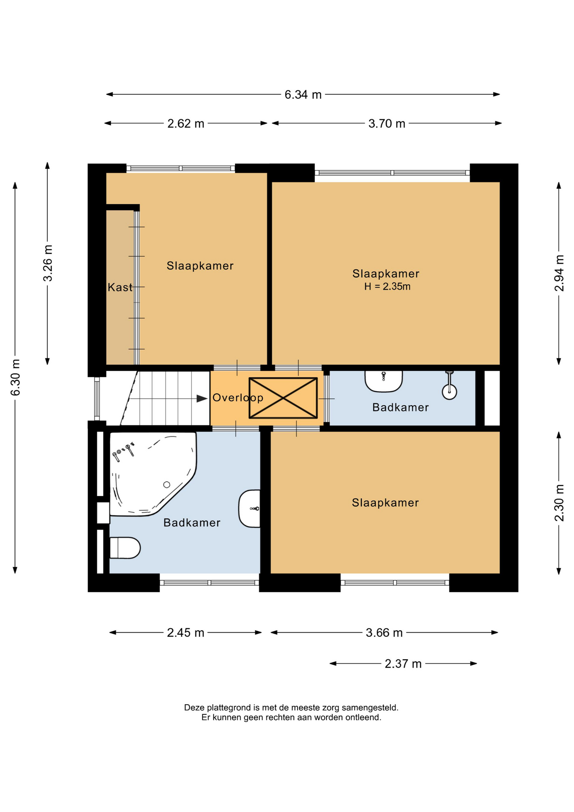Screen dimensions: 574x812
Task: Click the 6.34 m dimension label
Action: pyautogui.click(x=303, y=94)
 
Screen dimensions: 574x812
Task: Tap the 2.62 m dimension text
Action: pyautogui.click(x=186, y=123)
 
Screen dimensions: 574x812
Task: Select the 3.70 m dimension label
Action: pyautogui.click(x=387, y=123)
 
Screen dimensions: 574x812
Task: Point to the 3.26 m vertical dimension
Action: pyautogui.click(x=48, y=263)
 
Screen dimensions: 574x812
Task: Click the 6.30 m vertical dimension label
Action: pyautogui.click(x=15, y=378)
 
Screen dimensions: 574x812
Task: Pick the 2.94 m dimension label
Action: pyautogui.click(x=559, y=273)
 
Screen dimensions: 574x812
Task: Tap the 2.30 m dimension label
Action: pyautogui.click(x=559, y=503)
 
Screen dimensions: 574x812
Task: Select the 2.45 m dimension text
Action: pyautogui.click(x=186, y=633)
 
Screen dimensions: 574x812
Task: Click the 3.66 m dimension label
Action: pyautogui.click(x=384, y=633)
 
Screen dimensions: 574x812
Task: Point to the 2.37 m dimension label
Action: pyautogui.click(x=403, y=664)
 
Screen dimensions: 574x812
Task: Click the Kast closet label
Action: pyautogui.click(x=120, y=288)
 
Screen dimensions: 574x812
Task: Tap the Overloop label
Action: pyautogui.click(x=238, y=398)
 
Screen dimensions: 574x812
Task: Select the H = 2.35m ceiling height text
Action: pyautogui.click(x=387, y=287)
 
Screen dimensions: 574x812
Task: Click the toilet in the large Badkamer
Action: pyautogui.click(x=125, y=548)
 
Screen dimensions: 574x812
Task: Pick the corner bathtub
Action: pyautogui.click(x=153, y=474)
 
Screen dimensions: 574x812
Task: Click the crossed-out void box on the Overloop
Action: pyautogui.click(x=283, y=398)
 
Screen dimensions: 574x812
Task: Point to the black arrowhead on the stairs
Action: pyautogui.click(x=202, y=399)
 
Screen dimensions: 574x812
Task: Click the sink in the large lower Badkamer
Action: pyautogui.click(x=249, y=508)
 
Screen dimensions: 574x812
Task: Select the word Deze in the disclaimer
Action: pyautogui.click(x=194, y=708)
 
